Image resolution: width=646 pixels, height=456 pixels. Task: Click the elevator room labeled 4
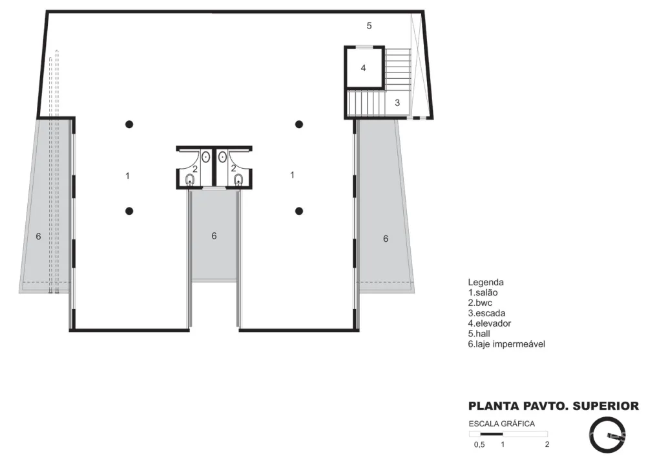point(364,67)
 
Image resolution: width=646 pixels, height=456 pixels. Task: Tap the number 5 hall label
point(369,26)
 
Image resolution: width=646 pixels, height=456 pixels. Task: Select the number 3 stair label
point(397,103)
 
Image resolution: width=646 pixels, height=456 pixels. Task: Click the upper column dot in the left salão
point(129,124)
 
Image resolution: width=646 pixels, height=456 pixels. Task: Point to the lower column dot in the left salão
point(129,211)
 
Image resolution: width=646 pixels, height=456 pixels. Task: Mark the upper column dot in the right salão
point(300,124)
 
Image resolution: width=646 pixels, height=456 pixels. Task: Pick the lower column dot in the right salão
point(300,211)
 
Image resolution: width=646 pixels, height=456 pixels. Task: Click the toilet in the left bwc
point(190,180)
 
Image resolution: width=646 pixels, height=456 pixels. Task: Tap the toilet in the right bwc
point(238,180)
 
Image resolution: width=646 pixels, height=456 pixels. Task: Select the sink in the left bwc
point(205,157)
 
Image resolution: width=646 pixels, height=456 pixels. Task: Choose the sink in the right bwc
point(222,157)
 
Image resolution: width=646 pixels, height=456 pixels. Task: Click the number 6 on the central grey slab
point(214,235)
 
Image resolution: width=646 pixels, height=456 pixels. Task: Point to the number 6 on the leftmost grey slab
point(38,237)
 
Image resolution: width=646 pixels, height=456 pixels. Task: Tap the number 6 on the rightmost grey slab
point(386,239)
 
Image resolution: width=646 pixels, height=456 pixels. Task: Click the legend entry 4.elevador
point(490,323)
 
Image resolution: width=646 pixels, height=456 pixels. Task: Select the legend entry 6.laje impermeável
point(506,344)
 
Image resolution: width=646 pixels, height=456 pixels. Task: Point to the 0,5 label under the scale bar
point(479,444)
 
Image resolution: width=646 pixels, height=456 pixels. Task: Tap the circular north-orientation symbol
point(592,435)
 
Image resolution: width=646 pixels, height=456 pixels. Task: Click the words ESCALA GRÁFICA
point(502,424)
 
